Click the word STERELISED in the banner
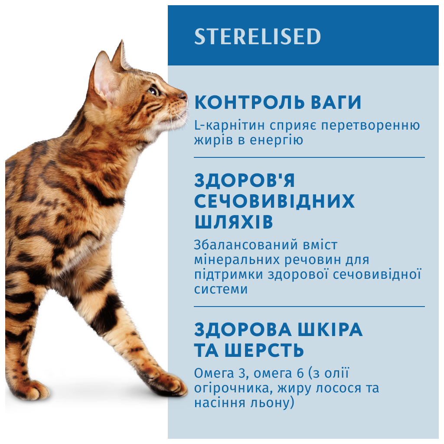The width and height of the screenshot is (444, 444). (x=258, y=36)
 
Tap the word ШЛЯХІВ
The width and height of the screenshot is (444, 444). (x=234, y=222)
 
